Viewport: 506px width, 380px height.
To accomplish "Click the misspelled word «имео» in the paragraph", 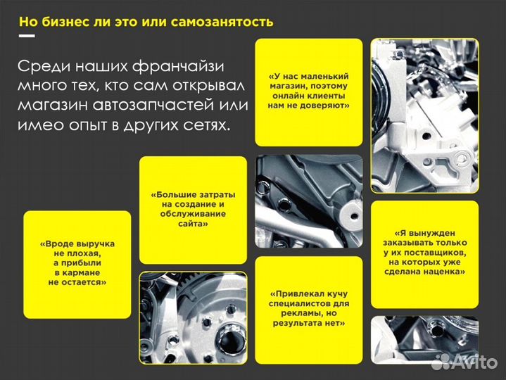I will [x=39, y=125].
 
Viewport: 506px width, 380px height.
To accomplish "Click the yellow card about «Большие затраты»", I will [x=193, y=209].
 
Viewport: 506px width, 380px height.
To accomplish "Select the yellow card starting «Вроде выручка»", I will [x=77, y=263].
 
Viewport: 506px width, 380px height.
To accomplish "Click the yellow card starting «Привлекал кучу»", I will [x=308, y=308].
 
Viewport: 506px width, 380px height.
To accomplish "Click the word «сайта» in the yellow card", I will [x=193, y=223].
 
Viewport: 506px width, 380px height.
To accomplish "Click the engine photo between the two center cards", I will [x=308, y=201].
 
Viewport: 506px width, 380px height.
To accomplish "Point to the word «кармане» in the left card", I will [x=77, y=272].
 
